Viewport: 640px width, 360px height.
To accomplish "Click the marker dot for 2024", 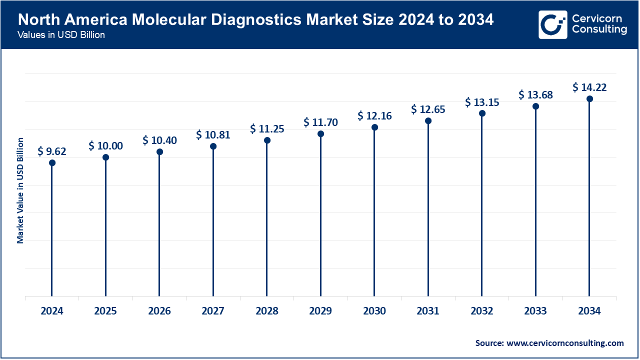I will click(x=52, y=162).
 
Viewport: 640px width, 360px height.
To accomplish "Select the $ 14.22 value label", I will click(x=589, y=87).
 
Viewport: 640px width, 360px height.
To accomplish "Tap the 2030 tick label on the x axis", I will click(x=374, y=311).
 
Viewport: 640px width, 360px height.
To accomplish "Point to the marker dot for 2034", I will click(x=589, y=99).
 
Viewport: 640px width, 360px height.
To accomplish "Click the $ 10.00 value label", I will click(x=105, y=146).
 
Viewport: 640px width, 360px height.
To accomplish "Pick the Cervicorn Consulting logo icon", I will click(x=552, y=24).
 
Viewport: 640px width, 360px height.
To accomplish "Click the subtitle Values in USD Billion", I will click(x=61, y=35).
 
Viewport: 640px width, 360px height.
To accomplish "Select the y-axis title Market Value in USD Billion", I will click(x=20, y=190).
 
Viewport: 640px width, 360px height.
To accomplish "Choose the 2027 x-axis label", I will click(x=213, y=311).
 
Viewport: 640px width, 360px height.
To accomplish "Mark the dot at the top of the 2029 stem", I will click(x=320, y=134).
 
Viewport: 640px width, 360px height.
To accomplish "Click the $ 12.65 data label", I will click(x=428, y=109).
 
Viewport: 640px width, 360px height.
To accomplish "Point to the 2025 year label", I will click(x=105, y=311).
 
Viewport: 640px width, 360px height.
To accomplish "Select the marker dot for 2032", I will click(x=482, y=113).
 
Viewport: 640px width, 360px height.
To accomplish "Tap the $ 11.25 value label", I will click(x=267, y=128).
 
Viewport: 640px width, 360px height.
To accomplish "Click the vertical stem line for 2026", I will click(x=159, y=225).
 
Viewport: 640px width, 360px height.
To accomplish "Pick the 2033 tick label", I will click(x=535, y=311).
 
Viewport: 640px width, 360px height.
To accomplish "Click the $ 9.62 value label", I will click(x=52, y=151).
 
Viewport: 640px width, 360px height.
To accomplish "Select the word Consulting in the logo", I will click(x=599, y=30).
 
